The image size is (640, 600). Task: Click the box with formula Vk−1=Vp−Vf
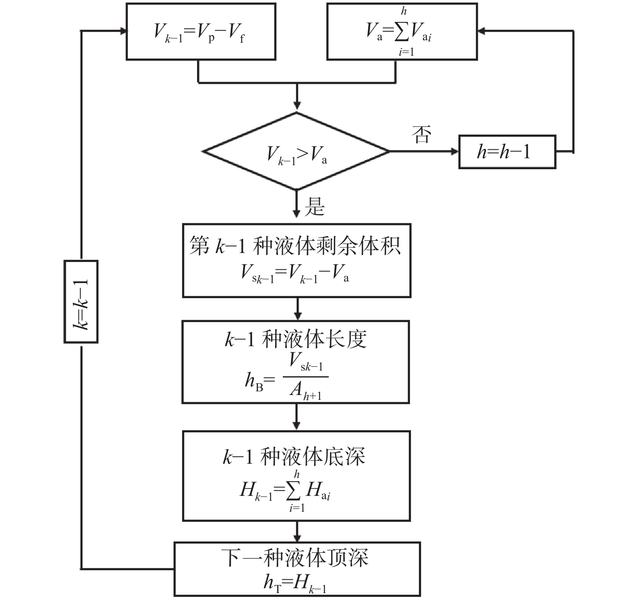[x=201, y=32]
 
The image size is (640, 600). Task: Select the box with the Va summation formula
[x=402, y=32]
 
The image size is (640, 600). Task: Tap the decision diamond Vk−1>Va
[x=296, y=152]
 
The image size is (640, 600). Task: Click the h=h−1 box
[x=507, y=152]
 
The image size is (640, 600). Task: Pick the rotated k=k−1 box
[x=81, y=301]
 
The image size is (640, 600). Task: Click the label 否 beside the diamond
[x=421, y=135]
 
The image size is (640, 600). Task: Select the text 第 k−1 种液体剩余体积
[x=295, y=246]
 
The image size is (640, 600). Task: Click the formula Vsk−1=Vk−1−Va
[x=295, y=273]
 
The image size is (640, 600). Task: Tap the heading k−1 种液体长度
[x=295, y=339]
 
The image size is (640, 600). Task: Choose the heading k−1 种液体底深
[x=294, y=456]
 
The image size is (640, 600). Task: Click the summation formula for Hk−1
[x=286, y=491]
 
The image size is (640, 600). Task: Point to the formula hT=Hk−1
[x=295, y=583]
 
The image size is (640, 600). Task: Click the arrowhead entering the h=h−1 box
[x=455, y=152]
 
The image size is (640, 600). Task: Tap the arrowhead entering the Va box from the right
[x=482, y=31]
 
